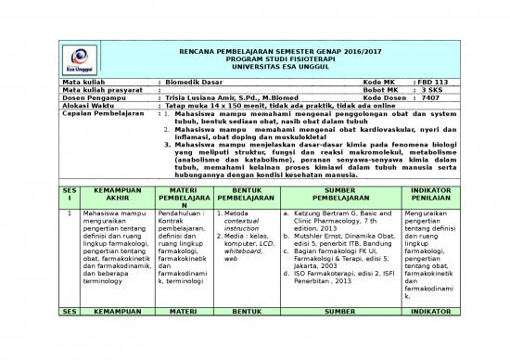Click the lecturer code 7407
pos(429,99)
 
